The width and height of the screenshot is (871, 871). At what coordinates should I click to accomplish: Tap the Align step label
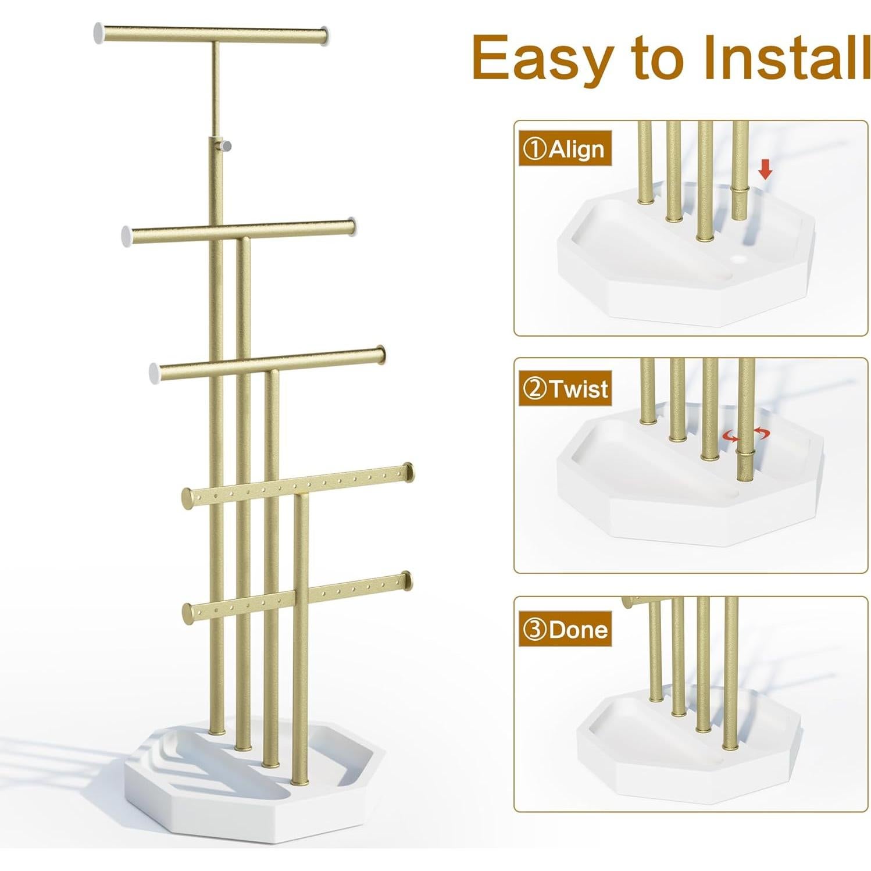pos(565,149)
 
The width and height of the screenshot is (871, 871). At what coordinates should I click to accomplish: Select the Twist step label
pos(565,388)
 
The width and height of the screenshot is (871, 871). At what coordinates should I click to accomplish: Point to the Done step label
pos(565,629)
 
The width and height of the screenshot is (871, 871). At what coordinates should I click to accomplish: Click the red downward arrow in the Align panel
pos(766,170)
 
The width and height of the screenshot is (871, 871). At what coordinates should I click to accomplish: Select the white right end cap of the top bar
pos(325,37)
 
